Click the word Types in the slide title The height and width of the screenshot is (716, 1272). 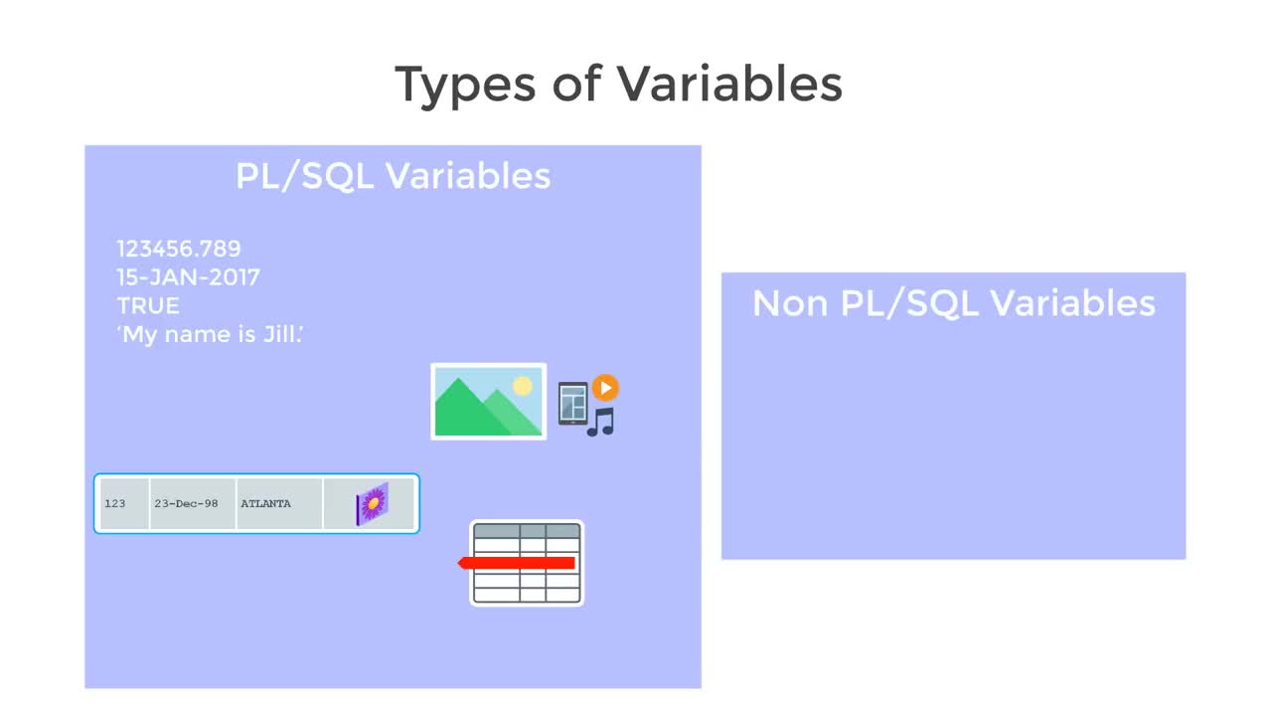[465, 86]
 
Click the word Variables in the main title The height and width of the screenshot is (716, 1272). [729, 84]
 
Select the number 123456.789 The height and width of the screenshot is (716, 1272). [179, 249]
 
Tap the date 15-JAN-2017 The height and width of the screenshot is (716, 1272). [189, 277]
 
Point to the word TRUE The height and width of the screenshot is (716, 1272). [149, 305]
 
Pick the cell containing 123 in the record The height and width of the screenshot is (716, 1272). [124, 503]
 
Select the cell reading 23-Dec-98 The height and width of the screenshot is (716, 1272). [193, 503]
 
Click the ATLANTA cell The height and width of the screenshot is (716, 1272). [279, 503]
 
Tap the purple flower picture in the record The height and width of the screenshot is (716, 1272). [373, 503]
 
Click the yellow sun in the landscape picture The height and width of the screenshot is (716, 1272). [523, 387]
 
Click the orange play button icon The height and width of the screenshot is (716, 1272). [605, 388]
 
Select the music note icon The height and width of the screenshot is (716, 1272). [601, 423]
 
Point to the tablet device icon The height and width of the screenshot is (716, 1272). [573, 404]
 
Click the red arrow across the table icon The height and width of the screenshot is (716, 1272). [516, 563]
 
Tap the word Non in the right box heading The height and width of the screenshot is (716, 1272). [790, 303]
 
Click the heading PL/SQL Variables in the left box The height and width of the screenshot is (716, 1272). [393, 176]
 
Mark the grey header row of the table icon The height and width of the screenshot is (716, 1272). [527, 531]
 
